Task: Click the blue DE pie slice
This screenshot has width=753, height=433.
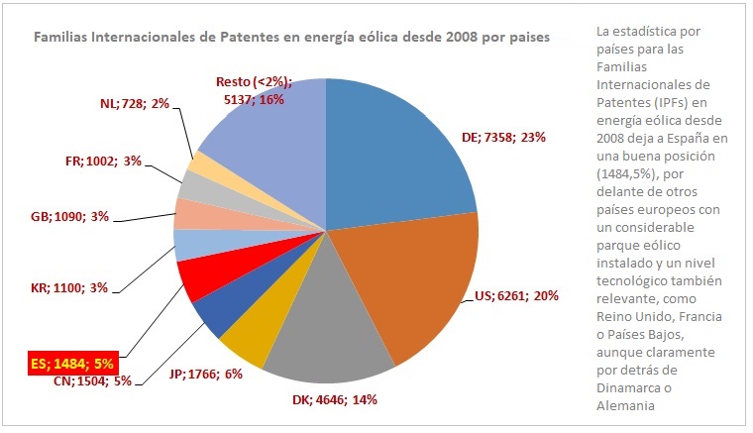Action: pos(396,149)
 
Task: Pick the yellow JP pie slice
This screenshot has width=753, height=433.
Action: pos(243,342)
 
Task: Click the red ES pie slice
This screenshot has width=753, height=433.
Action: pos(202,279)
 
